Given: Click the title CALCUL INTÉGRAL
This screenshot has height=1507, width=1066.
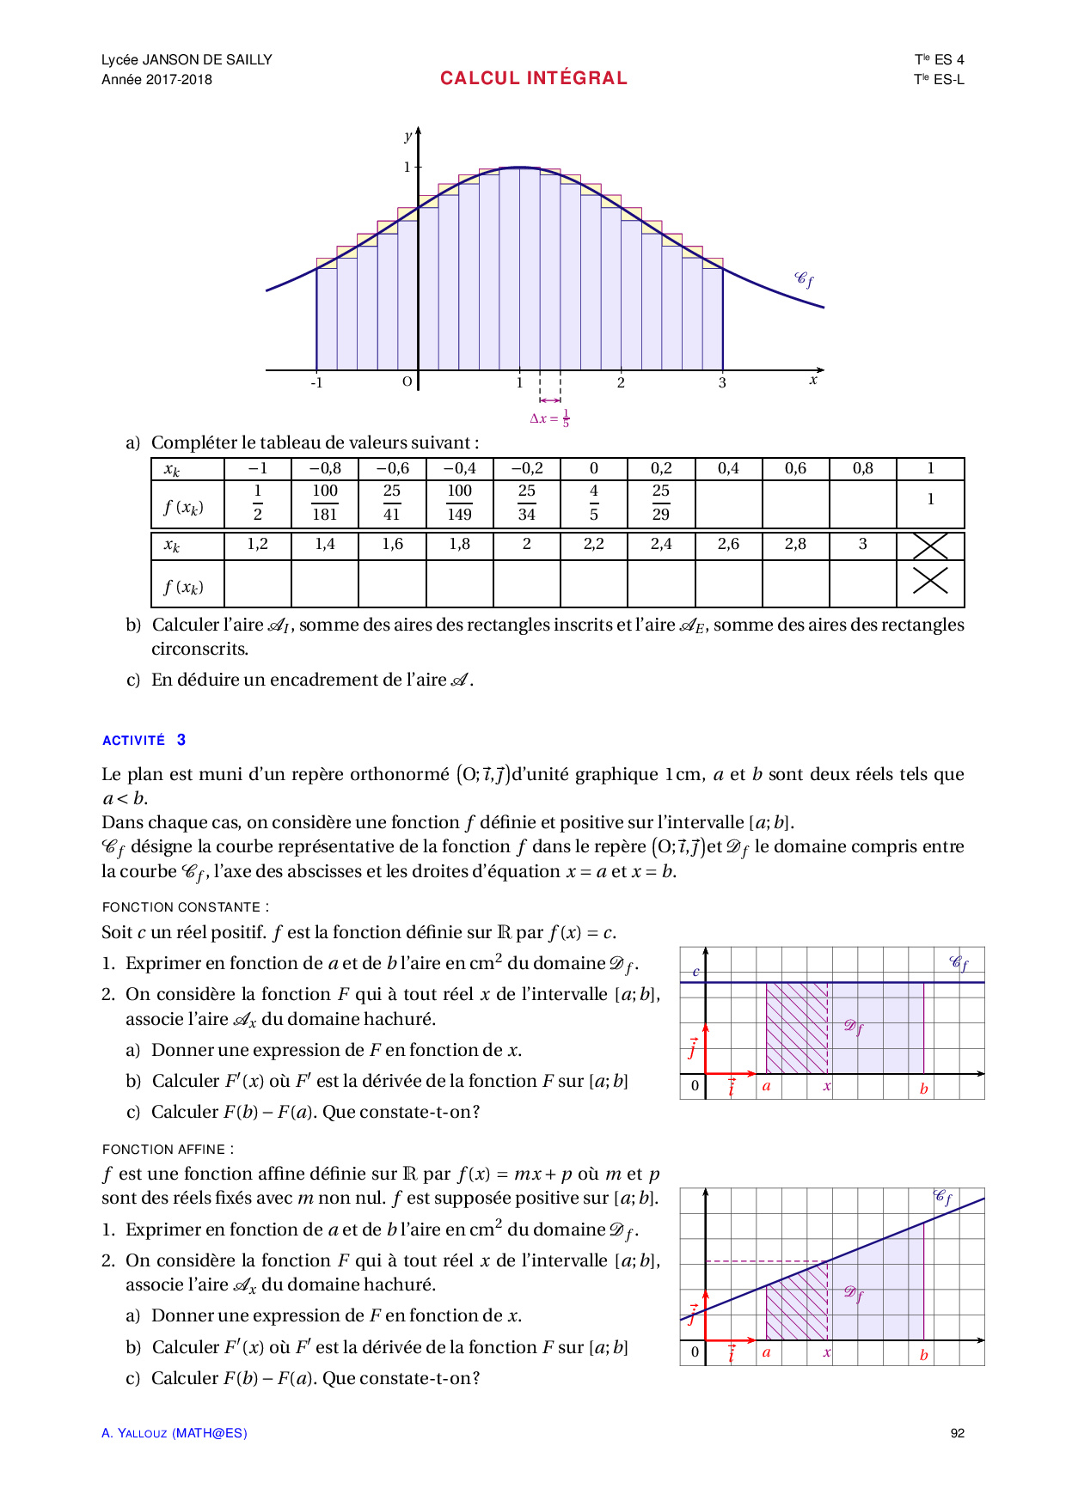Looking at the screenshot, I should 533,78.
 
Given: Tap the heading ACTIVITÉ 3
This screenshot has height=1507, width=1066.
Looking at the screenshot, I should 144,740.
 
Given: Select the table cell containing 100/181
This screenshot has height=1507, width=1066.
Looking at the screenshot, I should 325,503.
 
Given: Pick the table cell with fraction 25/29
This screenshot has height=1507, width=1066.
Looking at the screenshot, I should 660,503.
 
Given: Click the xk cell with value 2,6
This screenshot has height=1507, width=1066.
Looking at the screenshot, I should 728,544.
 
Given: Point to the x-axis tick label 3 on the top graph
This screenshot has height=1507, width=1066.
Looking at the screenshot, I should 722,383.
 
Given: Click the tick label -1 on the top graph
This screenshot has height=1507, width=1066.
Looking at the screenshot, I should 316,383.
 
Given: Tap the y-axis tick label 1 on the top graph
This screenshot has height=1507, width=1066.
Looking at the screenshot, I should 407,167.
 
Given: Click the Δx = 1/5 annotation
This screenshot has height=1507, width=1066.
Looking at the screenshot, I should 549,418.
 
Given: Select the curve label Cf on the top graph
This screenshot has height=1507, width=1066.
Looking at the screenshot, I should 804,279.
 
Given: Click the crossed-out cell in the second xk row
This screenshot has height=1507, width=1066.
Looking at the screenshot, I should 930,546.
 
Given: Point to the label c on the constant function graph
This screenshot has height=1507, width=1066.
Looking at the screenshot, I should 695,972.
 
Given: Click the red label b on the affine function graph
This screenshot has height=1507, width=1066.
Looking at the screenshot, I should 923,1355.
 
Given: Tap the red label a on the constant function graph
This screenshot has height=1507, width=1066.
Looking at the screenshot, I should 766,1086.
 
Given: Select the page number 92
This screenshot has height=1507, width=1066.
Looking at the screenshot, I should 958,1433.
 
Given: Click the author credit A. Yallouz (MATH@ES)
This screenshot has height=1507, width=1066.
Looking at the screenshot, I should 174,1433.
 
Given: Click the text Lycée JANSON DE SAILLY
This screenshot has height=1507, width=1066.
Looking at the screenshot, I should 187,59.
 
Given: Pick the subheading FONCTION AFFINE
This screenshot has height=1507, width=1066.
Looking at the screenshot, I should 168,1150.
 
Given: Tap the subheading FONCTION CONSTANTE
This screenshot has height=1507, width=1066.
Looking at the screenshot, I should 185,907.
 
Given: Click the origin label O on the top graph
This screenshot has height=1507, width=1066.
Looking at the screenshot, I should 407,381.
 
